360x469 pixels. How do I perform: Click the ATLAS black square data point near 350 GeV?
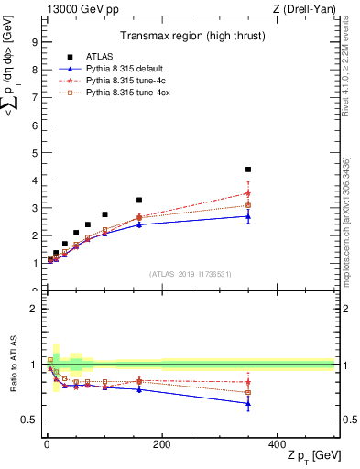(248, 169)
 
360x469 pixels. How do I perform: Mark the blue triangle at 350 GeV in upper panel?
(248, 216)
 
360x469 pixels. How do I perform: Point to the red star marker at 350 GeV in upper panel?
(248, 193)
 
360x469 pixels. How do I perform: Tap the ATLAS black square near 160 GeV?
(139, 200)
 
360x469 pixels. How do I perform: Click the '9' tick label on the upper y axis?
(34, 41)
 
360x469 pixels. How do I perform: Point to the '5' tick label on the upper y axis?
(34, 152)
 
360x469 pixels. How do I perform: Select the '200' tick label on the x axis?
(161, 443)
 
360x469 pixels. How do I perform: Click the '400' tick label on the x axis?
(276, 443)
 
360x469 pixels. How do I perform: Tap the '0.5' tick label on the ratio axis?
(30, 420)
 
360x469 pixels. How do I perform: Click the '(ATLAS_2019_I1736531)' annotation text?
(189, 273)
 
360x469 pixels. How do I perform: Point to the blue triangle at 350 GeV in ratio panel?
(248, 403)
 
